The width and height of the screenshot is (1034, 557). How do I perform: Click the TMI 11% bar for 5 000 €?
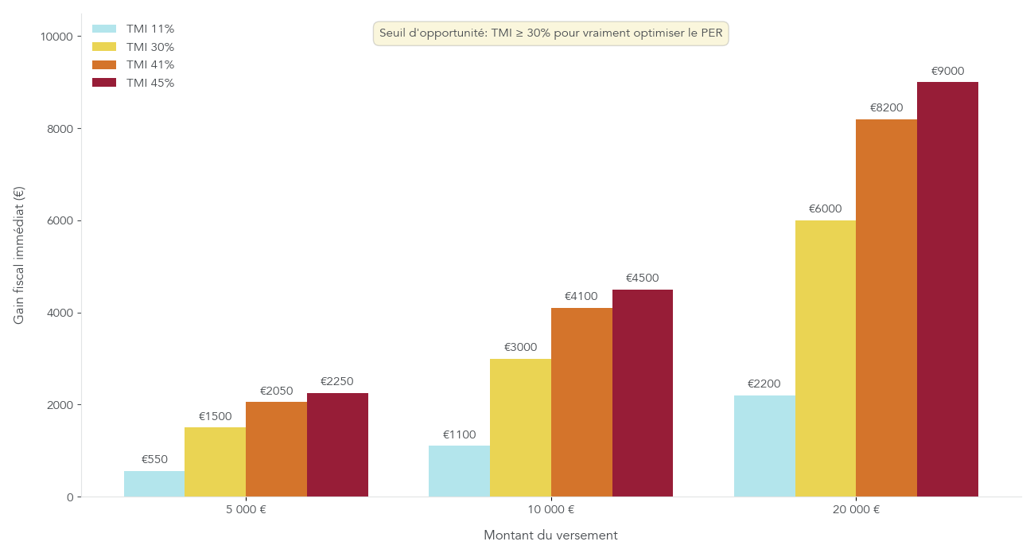154,484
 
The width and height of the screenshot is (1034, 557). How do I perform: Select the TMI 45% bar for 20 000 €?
947,290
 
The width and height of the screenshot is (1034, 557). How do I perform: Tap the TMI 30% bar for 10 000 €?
520,428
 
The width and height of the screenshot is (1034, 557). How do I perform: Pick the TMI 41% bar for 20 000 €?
886,308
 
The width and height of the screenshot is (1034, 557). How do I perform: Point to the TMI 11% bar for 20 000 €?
764,446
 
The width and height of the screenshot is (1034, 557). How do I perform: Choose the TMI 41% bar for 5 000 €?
276,450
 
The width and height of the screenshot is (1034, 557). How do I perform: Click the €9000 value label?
947,71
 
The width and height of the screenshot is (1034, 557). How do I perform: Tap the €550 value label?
154,459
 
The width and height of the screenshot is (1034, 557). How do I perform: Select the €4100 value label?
581,296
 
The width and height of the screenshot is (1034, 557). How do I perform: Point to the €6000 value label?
825,208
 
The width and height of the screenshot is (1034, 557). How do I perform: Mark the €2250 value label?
336,381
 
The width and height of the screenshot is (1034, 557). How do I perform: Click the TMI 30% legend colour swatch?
104,47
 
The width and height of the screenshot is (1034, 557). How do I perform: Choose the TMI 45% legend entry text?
150,83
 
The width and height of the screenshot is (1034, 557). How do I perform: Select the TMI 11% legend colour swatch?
104,29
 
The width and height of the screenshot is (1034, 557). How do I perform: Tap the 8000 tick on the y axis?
60,129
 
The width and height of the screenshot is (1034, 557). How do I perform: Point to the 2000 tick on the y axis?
60,405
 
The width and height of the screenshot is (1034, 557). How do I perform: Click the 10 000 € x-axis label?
550,510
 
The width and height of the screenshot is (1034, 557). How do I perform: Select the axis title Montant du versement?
550,536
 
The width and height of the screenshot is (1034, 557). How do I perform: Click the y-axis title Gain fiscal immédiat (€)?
19,255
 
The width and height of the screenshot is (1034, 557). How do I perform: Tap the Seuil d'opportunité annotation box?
550,33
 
